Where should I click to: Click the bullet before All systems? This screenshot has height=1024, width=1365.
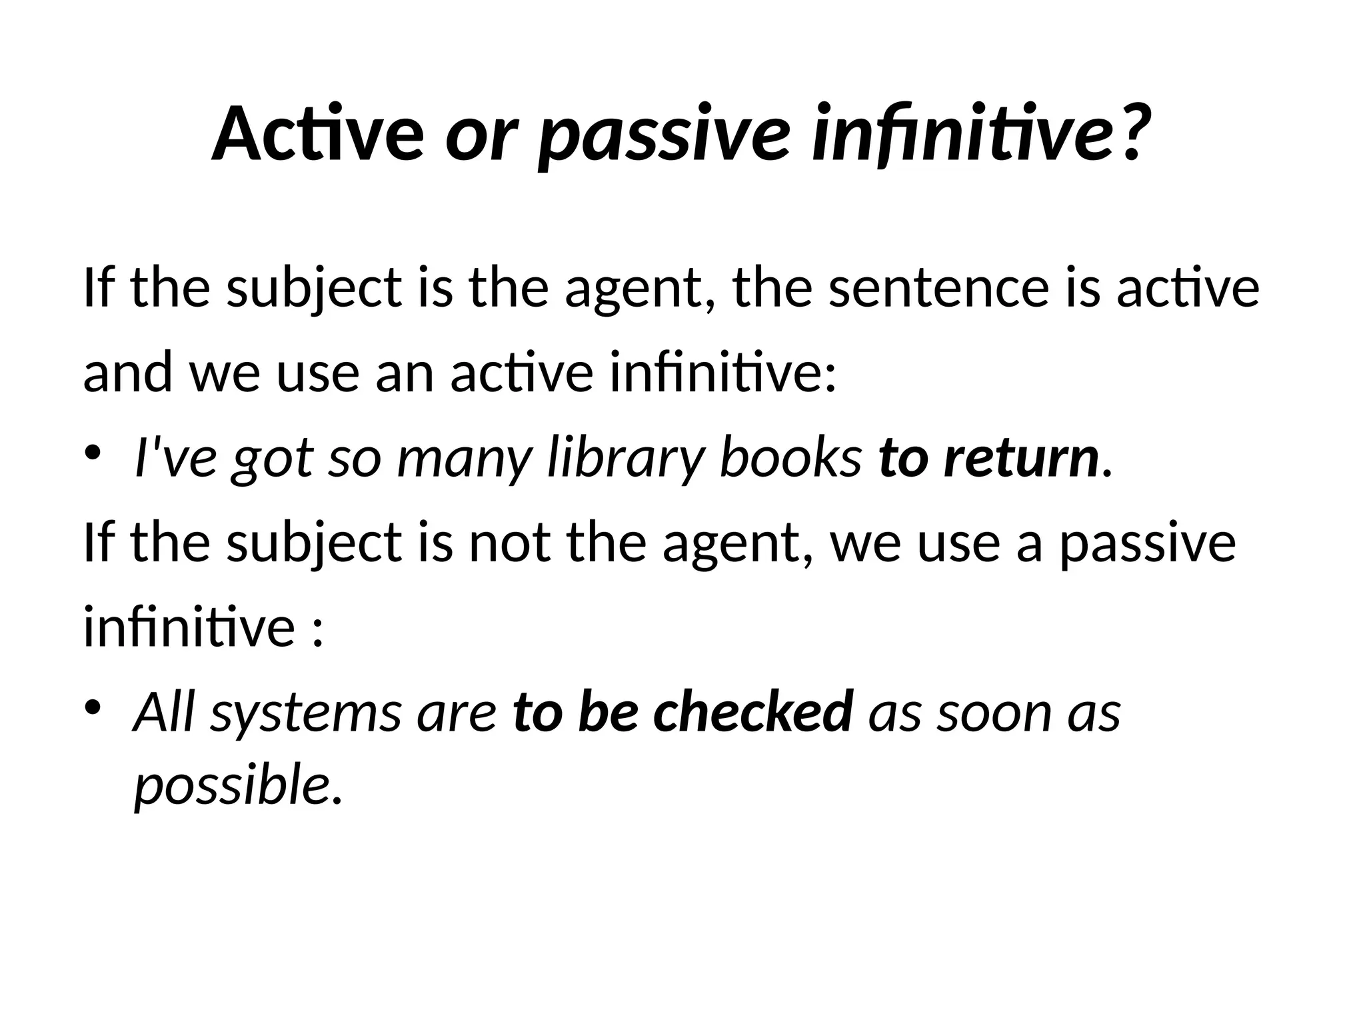pos(94,707)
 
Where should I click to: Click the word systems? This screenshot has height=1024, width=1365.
pos(306,714)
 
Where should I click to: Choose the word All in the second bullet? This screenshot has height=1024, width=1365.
pos(164,711)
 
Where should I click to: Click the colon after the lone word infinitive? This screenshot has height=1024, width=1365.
pos(317,630)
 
